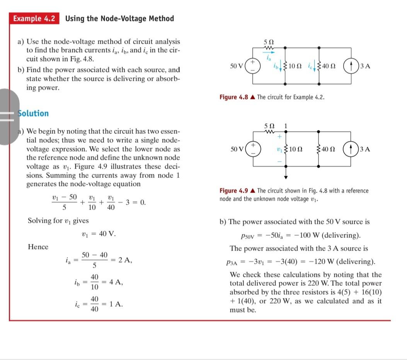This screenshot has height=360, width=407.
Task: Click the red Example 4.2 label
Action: (x=34, y=19)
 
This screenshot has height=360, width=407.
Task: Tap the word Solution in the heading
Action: (x=34, y=113)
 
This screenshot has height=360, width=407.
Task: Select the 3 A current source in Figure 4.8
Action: (x=351, y=66)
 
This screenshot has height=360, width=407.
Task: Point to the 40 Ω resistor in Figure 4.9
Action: (x=319, y=149)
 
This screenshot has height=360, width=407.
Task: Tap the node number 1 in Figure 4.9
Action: (x=285, y=126)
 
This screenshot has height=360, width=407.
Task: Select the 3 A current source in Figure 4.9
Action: (x=351, y=149)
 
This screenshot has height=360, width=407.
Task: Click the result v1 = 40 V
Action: (x=99, y=234)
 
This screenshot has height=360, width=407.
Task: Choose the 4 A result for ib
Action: (x=116, y=282)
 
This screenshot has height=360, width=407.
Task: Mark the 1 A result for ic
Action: (x=116, y=304)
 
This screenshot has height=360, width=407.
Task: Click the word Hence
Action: (x=38, y=247)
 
